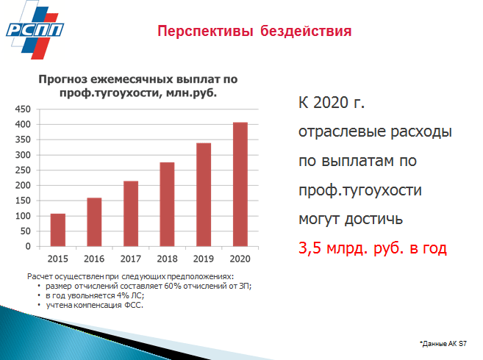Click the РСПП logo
point(35,30)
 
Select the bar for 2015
point(58,230)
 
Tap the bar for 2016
point(94,222)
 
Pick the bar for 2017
point(131,213)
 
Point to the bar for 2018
point(168,204)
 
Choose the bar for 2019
point(204,194)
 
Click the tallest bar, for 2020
point(240,184)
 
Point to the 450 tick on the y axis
point(23,109)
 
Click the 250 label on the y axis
point(23,170)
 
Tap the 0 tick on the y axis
point(28,246)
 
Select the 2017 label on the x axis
point(131,259)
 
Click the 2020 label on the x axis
point(240,259)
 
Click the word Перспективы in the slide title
point(205,32)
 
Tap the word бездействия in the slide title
point(306,31)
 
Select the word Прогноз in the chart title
point(63,79)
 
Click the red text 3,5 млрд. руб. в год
point(373,248)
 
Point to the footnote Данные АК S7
point(443,344)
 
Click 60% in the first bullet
point(173,286)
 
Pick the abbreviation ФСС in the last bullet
point(134,305)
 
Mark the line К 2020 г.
point(332,103)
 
